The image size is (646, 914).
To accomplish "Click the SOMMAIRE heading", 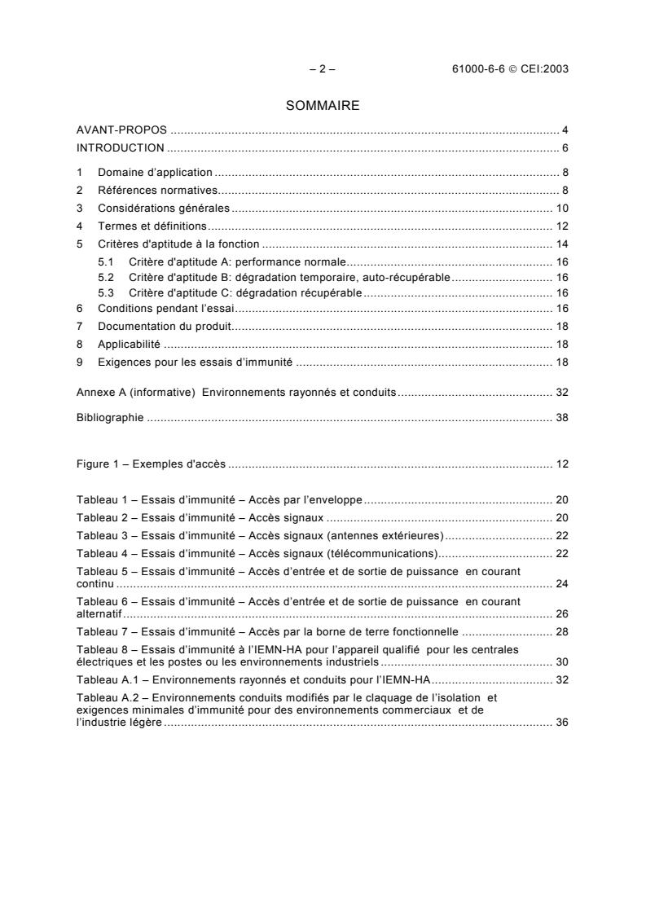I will (x=323, y=105).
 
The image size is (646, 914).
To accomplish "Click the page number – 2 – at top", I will (x=323, y=69).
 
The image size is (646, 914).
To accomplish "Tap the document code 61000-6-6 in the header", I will (x=480, y=69).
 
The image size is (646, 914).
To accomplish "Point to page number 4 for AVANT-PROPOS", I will (x=565, y=130).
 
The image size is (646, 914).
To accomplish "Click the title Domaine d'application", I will (x=155, y=173).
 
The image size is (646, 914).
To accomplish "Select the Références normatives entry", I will (x=157, y=190).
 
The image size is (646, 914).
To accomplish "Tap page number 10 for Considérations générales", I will (x=562, y=208).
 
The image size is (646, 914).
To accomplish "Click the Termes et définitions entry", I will (x=152, y=226).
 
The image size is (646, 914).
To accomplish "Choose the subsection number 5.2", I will (x=106, y=278).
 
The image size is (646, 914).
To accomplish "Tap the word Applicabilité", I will (x=129, y=344).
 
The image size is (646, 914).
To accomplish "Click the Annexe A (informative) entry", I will (x=135, y=393).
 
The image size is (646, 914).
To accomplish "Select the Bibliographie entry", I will (x=110, y=418).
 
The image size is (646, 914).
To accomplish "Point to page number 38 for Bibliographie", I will (x=562, y=418).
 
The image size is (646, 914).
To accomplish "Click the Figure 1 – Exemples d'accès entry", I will (x=151, y=464).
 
